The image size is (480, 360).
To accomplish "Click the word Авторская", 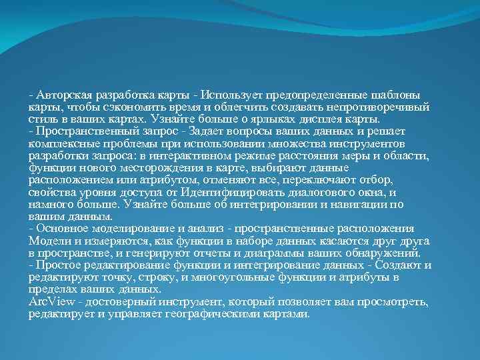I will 64,95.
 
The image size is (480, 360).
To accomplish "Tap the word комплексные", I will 61,143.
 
